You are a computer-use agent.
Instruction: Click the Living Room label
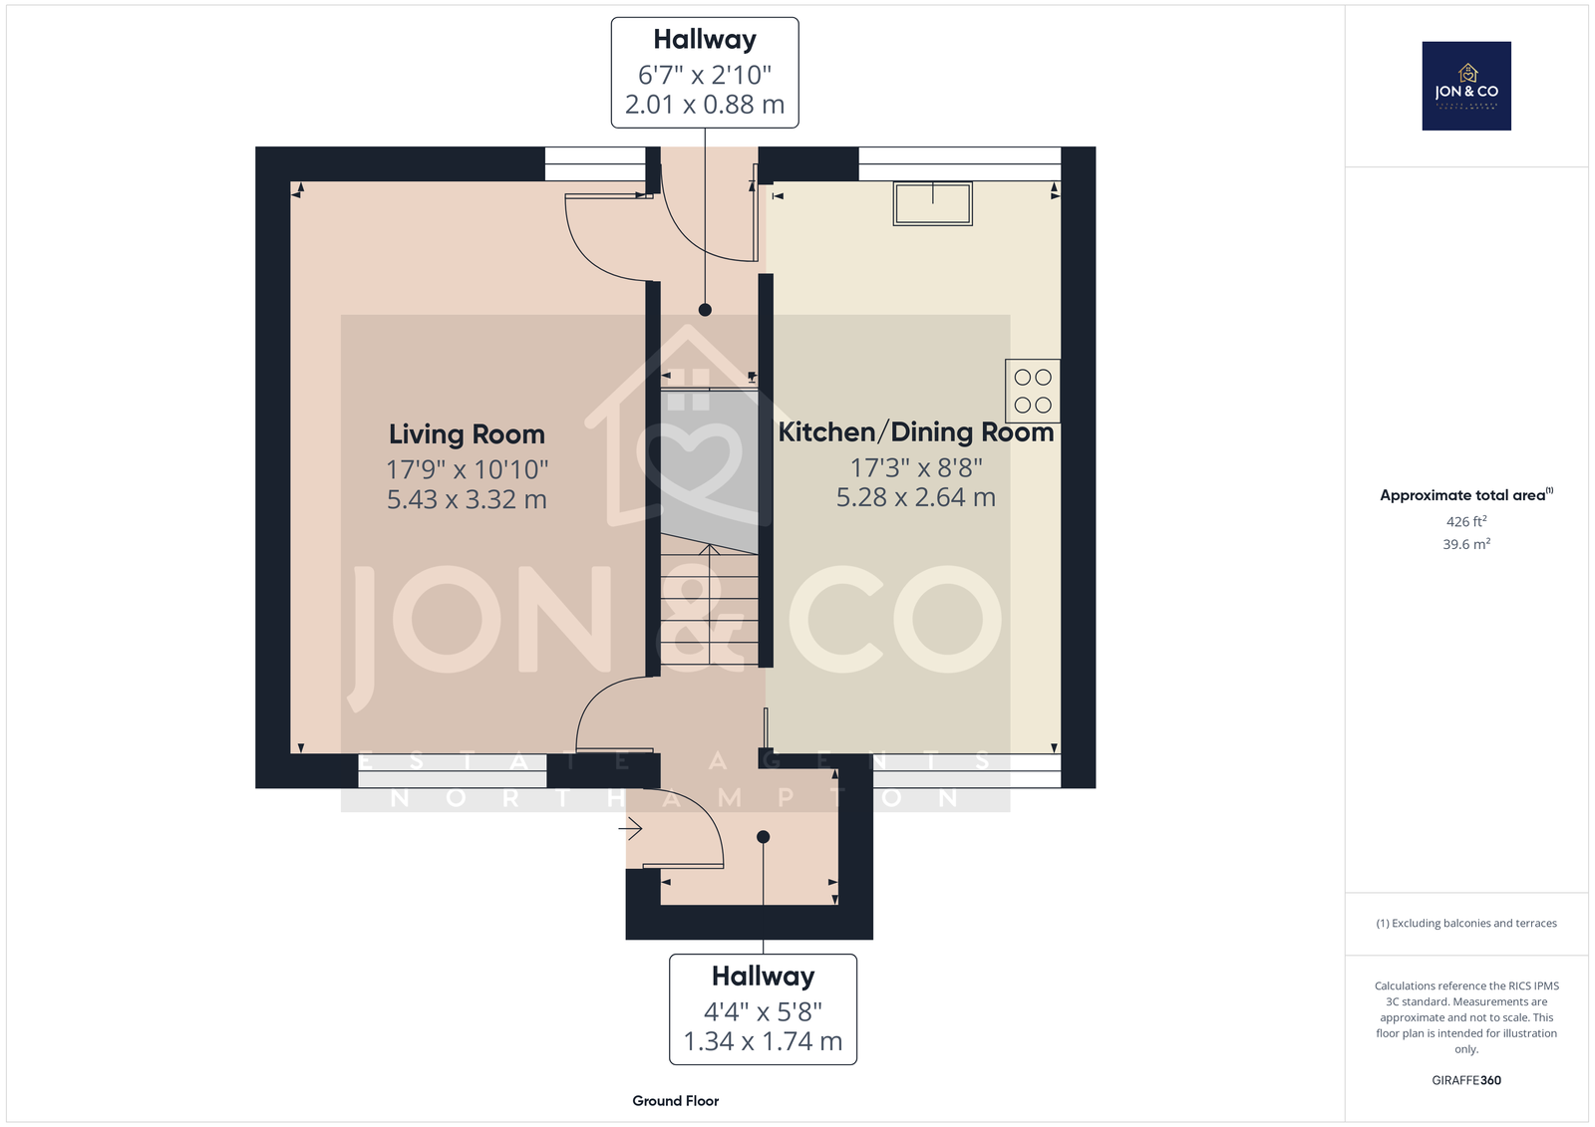pos(467,434)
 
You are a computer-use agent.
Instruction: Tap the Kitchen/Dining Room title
pos(916,432)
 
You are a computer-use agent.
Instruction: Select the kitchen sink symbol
pos(933,203)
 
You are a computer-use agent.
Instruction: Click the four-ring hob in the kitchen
pos(1033,391)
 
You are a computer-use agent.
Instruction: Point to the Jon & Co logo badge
pos(1466,86)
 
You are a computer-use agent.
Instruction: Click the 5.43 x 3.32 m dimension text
pos(467,499)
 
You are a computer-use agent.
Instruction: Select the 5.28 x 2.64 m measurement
pos(916,497)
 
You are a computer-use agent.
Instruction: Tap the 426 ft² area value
pos(1466,521)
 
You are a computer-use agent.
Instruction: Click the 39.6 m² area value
pos(1466,544)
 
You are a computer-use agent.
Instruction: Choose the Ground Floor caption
pos(676,1101)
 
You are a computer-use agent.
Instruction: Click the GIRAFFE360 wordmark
pos(1466,1080)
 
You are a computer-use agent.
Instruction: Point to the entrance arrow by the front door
pos(630,829)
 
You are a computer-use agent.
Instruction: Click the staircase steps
pos(709,605)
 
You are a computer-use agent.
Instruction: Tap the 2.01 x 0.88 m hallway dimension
pos(705,105)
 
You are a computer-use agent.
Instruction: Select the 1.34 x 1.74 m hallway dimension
pos(763,1041)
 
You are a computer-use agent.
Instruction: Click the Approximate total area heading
pos(1466,495)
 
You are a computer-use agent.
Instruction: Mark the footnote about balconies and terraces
pos(1466,924)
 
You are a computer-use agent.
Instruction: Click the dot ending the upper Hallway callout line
pos(705,310)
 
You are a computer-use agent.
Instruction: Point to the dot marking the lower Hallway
pos(764,837)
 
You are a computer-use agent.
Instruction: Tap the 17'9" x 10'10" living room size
pos(467,469)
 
